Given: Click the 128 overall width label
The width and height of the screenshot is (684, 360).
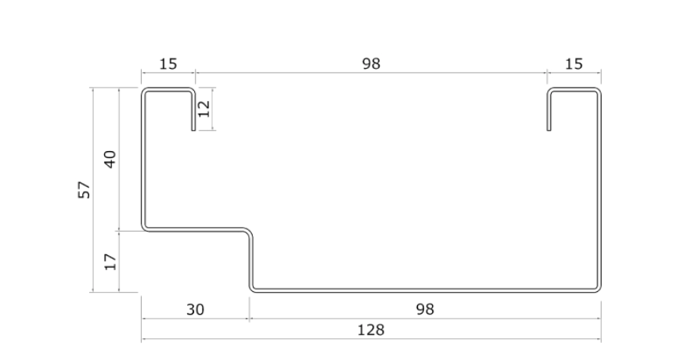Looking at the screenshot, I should [x=370, y=330].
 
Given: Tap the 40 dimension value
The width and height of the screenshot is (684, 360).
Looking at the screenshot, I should [x=110, y=160].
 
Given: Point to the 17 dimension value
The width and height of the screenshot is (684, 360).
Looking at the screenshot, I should [x=110, y=261].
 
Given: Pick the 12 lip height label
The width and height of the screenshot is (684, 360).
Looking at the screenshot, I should [x=205, y=108].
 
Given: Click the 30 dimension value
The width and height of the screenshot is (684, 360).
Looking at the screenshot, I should [x=195, y=309].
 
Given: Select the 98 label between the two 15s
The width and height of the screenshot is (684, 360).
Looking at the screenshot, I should [x=370, y=64].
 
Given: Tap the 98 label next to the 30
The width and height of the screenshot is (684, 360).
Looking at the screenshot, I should [x=425, y=309].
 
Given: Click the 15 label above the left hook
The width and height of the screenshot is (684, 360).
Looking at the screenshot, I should [x=167, y=64].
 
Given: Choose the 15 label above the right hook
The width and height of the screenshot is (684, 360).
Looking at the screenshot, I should [x=574, y=64].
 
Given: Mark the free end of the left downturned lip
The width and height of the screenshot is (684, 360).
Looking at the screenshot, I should [x=194, y=129].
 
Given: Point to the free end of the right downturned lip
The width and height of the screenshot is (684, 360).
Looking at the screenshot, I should [x=548, y=129].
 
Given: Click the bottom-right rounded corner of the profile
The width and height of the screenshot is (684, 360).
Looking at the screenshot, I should [x=598, y=289].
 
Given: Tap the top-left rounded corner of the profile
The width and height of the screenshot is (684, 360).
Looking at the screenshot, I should [x=145, y=92].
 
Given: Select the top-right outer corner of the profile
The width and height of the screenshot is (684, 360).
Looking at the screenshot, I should [x=598, y=92].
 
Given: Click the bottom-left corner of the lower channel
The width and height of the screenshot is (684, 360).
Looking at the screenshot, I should [x=253, y=289].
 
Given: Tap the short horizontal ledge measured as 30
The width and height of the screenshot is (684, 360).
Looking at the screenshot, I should [x=196, y=229].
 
